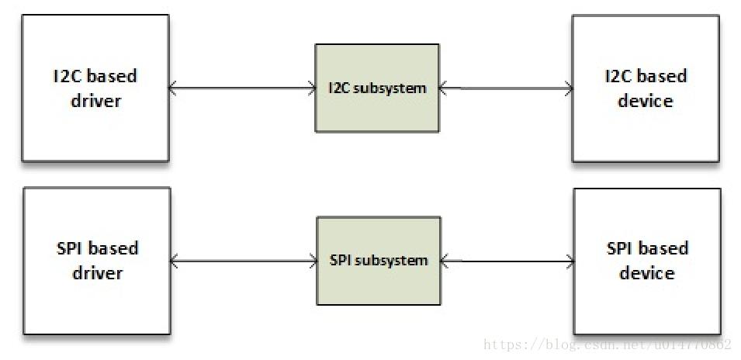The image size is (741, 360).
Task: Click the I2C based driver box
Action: point(95,88)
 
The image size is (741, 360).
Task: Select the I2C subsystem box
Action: point(377,88)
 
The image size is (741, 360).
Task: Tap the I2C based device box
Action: point(646,88)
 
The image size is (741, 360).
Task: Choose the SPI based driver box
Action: point(96,261)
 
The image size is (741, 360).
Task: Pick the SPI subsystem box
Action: point(378,260)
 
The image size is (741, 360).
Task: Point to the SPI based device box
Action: point(646,260)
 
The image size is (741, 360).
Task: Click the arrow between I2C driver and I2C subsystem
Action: point(241,88)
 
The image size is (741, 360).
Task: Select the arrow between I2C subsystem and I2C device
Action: point(505,88)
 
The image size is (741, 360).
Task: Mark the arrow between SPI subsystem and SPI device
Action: point(507,261)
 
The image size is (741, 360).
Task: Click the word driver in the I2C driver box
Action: point(95,101)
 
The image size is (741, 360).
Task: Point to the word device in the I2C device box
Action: point(646,101)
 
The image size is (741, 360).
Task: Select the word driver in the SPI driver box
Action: point(97,274)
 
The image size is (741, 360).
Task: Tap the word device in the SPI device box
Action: point(646,274)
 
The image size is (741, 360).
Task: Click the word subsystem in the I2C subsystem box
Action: point(389,88)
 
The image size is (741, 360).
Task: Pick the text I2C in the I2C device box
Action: point(618,76)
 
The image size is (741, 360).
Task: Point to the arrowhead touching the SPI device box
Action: point(570,261)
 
